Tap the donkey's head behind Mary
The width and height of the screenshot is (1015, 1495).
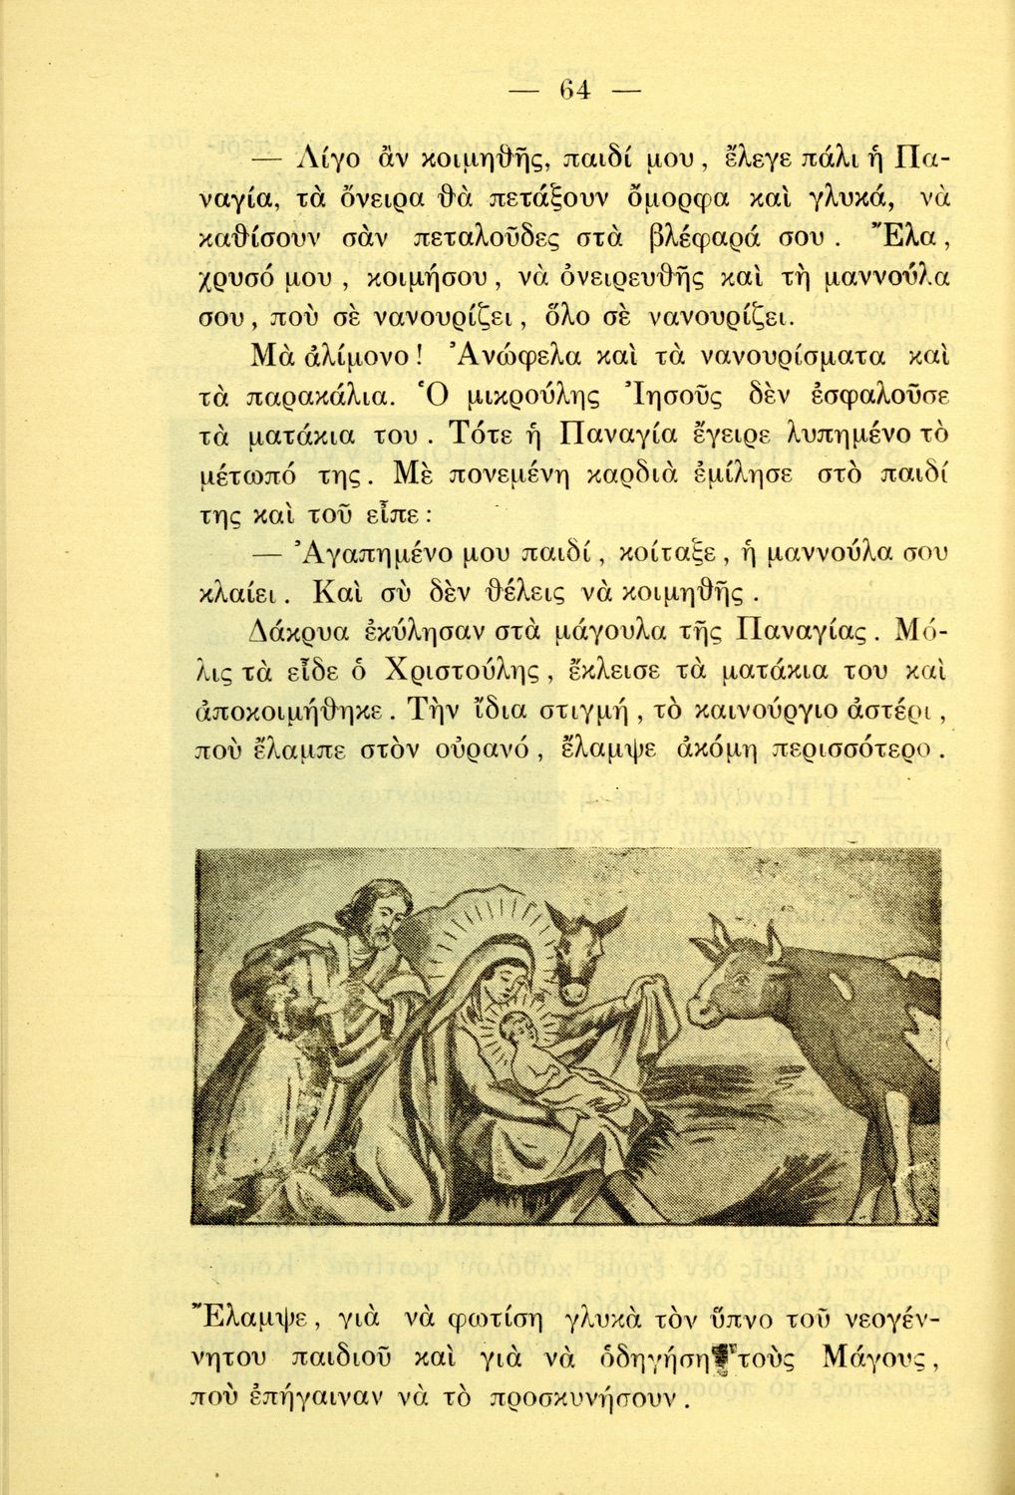click(573, 957)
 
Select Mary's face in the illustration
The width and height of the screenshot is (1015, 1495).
click(505, 983)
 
